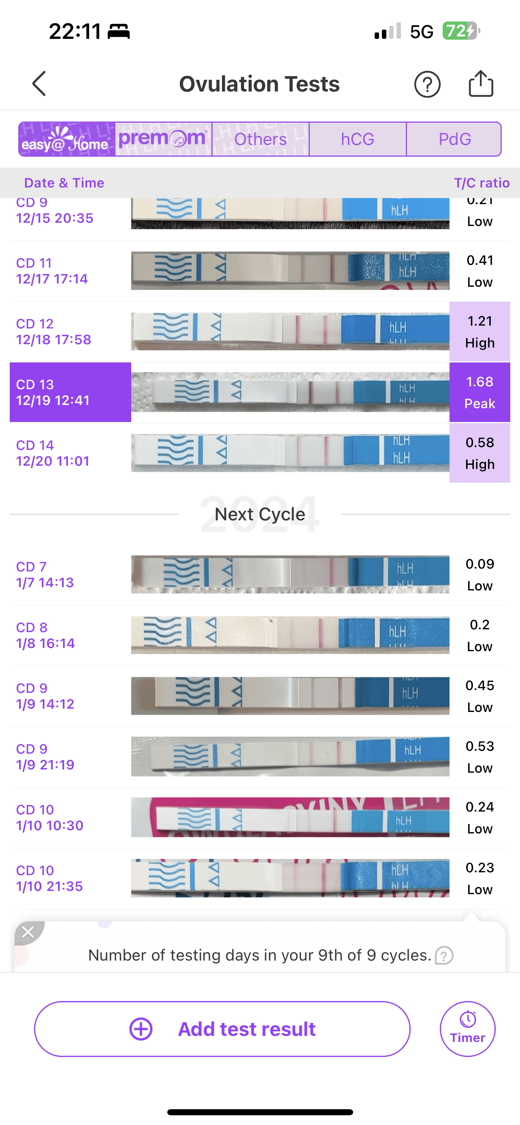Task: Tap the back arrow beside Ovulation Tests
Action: coord(39,83)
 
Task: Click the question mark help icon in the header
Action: coord(427,84)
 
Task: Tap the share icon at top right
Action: coord(481,83)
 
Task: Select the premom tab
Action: coord(163,139)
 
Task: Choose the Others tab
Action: coord(261,139)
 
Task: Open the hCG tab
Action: coord(358,139)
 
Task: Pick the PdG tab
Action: coord(454,139)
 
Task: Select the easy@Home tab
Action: coord(67,139)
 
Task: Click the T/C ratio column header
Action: coord(482,183)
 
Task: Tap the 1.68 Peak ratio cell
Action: coord(480,392)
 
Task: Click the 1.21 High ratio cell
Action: coord(480,332)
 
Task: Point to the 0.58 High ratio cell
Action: coord(480,453)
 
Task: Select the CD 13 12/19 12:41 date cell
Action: coord(70,392)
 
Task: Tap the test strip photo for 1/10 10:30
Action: coord(290,817)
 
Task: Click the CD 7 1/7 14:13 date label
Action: coord(45,574)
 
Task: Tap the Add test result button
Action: coord(222,1029)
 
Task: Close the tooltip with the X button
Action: coord(28,932)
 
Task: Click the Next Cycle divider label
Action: coord(260,514)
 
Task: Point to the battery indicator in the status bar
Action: coord(460,31)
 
